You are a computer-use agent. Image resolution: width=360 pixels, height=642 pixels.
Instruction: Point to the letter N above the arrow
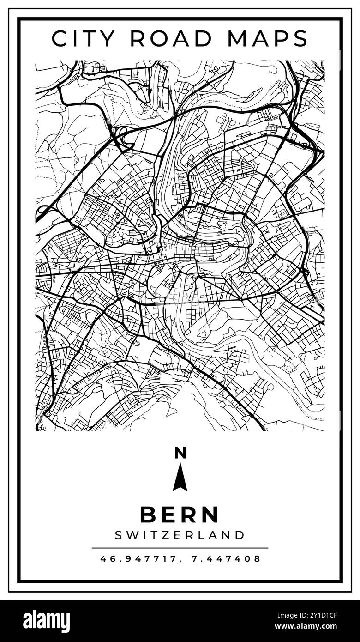tap(180, 453)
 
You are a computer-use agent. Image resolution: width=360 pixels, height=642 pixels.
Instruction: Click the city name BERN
tap(180, 515)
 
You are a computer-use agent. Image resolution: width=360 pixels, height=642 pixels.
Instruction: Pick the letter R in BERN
tap(191, 515)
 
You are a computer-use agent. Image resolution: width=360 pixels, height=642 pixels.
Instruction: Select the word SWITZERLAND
tap(180, 535)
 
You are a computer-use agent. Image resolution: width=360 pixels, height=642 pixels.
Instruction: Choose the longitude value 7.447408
tap(226, 559)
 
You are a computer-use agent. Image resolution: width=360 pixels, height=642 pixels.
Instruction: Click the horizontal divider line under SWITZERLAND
tap(180, 548)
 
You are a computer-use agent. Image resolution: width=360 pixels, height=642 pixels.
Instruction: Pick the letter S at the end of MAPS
tap(300, 38)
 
